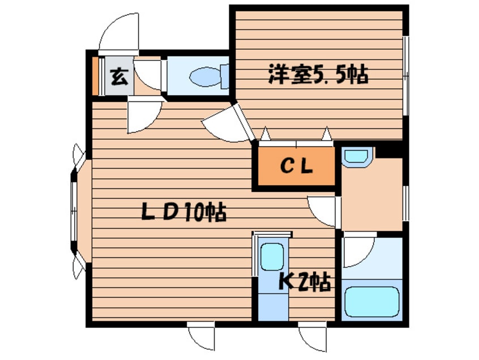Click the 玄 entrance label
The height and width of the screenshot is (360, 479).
point(118,76)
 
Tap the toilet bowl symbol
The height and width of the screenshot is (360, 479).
point(205,76)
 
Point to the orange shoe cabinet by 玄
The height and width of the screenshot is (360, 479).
point(95,76)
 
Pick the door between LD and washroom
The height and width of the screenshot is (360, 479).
point(323,211)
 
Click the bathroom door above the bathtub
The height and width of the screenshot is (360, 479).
point(358,250)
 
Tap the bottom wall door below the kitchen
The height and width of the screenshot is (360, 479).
point(313,337)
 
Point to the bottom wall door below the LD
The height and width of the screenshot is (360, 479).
point(202,337)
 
